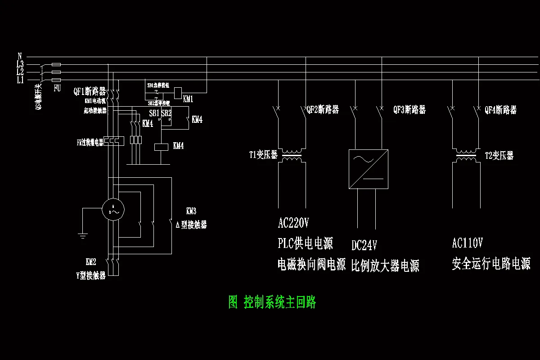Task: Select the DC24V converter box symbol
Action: click(x=368, y=169)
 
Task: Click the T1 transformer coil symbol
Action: click(x=292, y=156)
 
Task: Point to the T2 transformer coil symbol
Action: click(x=465, y=156)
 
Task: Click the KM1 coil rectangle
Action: click(x=178, y=91)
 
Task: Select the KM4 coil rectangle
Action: click(x=161, y=146)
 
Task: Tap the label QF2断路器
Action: click(x=323, y=110)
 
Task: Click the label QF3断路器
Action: click(x=409, y=110)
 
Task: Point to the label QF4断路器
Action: click(x=500, y=110)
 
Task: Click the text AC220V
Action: click(x=293, y=223)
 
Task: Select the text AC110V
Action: click(x=467, y=243)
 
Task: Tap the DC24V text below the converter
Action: click(x=364, y=245)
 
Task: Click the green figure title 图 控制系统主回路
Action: click(x=272, y=302)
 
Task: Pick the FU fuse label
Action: click(x=57, y=88)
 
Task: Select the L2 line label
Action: click(x=20, y=72)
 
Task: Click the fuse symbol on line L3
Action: click(x=56, y=65)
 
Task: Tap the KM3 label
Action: click(x=191, y=211)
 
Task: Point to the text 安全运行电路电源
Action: click(x=491, y=264)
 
